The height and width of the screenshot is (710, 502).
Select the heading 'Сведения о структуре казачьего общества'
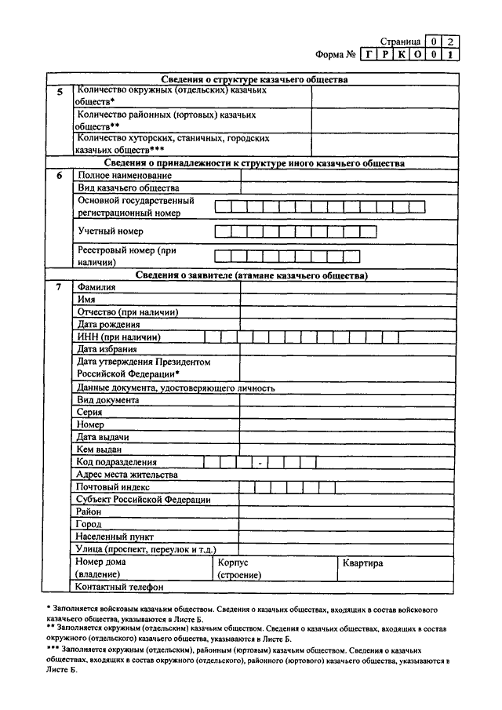[249, 80]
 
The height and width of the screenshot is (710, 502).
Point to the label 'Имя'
[86, 300]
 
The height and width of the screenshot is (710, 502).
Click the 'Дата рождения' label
[108, 324]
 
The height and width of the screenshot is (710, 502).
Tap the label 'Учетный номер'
[111, 231]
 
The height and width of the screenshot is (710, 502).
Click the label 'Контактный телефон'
[119, 586]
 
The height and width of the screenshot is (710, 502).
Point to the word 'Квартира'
[362, 563]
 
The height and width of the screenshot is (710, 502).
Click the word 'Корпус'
[233, 563]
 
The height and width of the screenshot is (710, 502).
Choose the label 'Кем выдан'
[99, 450]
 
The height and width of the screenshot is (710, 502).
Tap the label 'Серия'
[89, 412]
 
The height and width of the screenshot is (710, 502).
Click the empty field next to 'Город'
[345, 524]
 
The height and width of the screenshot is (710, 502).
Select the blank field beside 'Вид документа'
[345, 399]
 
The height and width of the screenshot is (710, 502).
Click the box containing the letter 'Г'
[369, 56]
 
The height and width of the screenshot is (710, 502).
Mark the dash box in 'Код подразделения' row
[260, 462]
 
